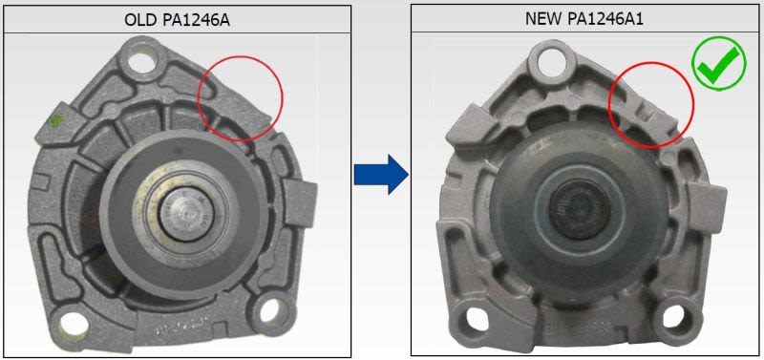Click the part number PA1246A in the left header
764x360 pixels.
198,20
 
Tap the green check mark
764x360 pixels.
718,65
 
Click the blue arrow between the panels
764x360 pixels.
380,174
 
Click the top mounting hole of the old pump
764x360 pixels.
140,62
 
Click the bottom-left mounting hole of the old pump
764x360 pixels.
74,326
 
